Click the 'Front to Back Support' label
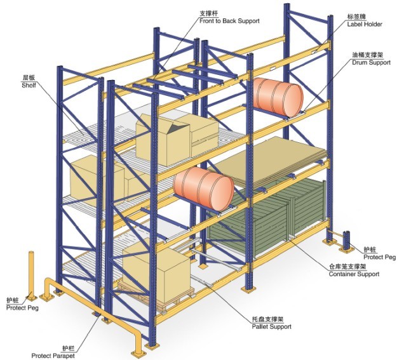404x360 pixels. click(229, 21)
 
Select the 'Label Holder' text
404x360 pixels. click(365, 24)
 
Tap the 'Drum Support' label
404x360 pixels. click(371, 63)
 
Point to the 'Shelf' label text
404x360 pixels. click(29, 85)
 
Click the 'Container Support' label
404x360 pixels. click(354, 274)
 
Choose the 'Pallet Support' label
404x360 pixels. click(272, 326)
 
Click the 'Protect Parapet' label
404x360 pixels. click(53, 356)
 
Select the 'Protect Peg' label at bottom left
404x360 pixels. click(22, 307)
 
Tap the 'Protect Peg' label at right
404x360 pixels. click(379, 257)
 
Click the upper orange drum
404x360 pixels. click(278, 97)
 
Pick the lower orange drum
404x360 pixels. click(203, 187)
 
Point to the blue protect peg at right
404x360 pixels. click(346, 241)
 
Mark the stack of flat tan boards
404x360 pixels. click(268, 163)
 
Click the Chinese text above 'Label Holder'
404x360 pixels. click(356, 17)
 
